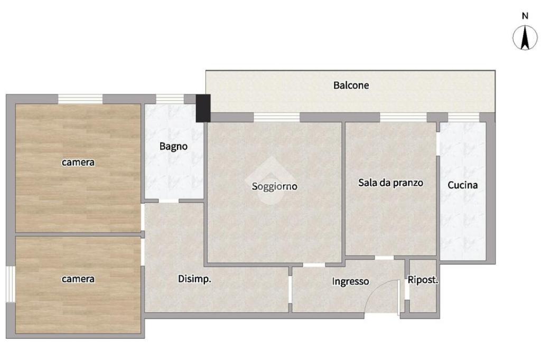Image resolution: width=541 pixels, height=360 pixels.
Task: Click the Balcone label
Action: [351, 85]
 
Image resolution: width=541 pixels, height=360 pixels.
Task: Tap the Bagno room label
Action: [173, 147]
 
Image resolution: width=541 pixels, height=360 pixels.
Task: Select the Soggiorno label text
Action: [274, 186]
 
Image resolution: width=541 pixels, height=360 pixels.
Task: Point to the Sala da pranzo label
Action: [390, 183]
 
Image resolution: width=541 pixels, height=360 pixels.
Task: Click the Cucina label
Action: [462, 185]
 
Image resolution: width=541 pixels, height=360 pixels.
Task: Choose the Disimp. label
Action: [194, 279]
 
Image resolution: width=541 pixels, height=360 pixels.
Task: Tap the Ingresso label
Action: [350, 282]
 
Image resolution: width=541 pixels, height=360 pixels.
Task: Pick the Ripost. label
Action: [423, 280]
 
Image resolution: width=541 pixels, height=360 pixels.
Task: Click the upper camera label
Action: [78, 162]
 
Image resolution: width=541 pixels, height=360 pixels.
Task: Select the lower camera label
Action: [78, 279]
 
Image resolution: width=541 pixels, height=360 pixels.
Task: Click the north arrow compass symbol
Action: [525, 37]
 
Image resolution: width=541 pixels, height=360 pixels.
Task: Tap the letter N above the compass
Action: [525, 16]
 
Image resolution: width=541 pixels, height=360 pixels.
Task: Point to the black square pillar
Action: [203, 108]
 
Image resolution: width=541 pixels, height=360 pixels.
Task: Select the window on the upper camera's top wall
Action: [80, 99]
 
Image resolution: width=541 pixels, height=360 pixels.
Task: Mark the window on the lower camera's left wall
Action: [11, 284]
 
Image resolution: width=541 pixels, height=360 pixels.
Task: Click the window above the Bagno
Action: [170, 99]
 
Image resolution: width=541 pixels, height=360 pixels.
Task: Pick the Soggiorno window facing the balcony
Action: [276, 117]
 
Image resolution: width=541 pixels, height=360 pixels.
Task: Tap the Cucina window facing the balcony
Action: [463, 117]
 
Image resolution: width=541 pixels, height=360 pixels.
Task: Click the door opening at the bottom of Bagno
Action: [169, 201]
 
